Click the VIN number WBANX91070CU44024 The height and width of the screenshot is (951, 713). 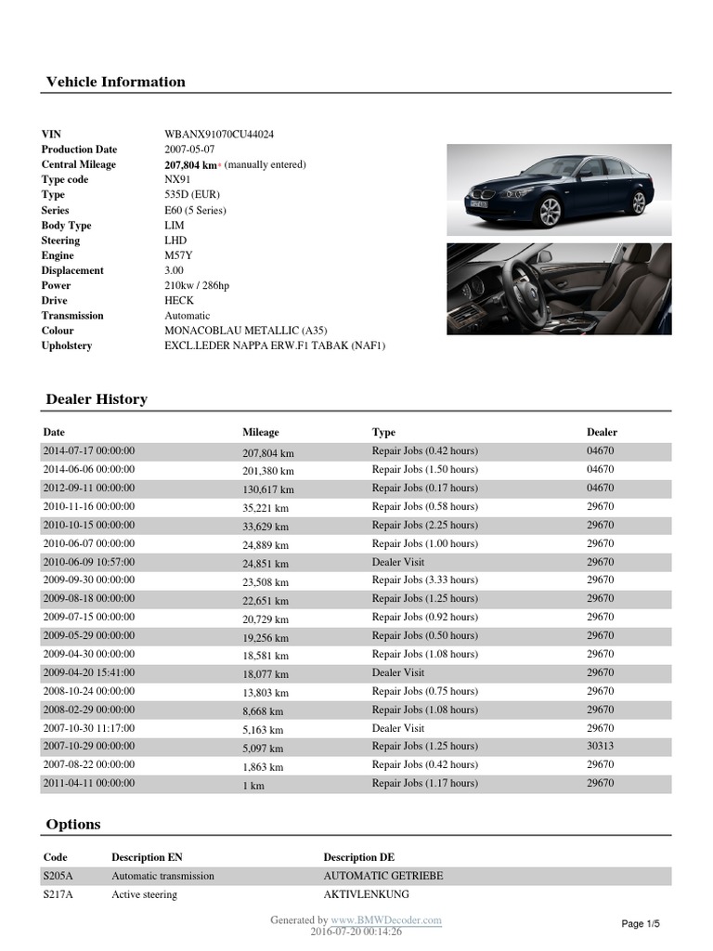click(218, 135)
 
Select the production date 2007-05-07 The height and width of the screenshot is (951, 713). click(191, 150)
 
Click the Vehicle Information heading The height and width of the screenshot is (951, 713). click(116, 82)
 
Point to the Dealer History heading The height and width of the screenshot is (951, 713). click(97, 399)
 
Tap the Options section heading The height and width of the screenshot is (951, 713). click(73, 825)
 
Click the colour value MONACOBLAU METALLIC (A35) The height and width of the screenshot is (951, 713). click(245, 331)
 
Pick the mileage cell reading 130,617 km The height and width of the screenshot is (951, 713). click(268, 489)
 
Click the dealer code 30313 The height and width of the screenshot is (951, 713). click(601, 746)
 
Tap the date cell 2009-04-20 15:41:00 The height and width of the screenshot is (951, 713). click(89, 672)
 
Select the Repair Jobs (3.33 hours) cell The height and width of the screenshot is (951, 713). click(425, 580)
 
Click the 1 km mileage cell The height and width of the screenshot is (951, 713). click(253, 784)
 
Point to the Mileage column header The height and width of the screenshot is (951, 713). click(261, 432)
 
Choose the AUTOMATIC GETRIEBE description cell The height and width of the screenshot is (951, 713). click(382, 876)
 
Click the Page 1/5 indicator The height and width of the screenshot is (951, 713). click(641, 924)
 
